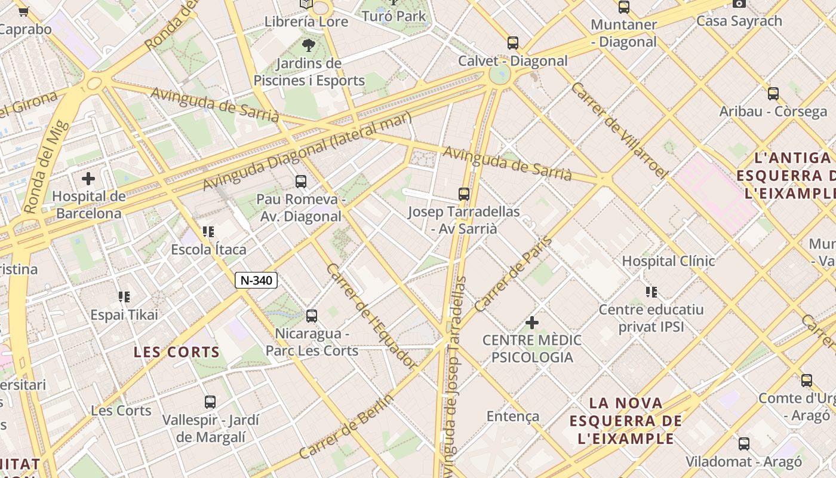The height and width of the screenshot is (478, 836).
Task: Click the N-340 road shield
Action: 256,280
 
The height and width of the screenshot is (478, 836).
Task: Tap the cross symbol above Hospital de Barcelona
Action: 88,178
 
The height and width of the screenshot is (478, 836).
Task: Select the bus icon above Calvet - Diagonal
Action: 513,43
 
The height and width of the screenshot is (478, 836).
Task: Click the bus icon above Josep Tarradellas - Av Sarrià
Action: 464,194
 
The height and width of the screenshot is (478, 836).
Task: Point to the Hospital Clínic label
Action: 668,261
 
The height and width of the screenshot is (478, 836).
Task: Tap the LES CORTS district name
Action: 177,352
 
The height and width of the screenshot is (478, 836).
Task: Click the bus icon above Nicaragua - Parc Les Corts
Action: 312,315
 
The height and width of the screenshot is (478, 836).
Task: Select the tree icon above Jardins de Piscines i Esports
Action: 309,45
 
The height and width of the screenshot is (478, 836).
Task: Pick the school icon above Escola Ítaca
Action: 208,231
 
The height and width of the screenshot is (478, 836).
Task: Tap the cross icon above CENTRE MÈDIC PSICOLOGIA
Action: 531,323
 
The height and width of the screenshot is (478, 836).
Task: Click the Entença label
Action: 513,416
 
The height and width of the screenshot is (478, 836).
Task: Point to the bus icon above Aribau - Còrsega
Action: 773,94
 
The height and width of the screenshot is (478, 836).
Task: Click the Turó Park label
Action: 394,16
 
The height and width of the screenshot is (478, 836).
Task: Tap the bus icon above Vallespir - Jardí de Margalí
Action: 210,402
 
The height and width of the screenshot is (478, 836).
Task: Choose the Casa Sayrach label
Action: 739,21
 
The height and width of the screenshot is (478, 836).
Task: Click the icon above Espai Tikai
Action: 124,296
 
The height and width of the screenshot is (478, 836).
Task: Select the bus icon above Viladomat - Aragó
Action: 744,444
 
